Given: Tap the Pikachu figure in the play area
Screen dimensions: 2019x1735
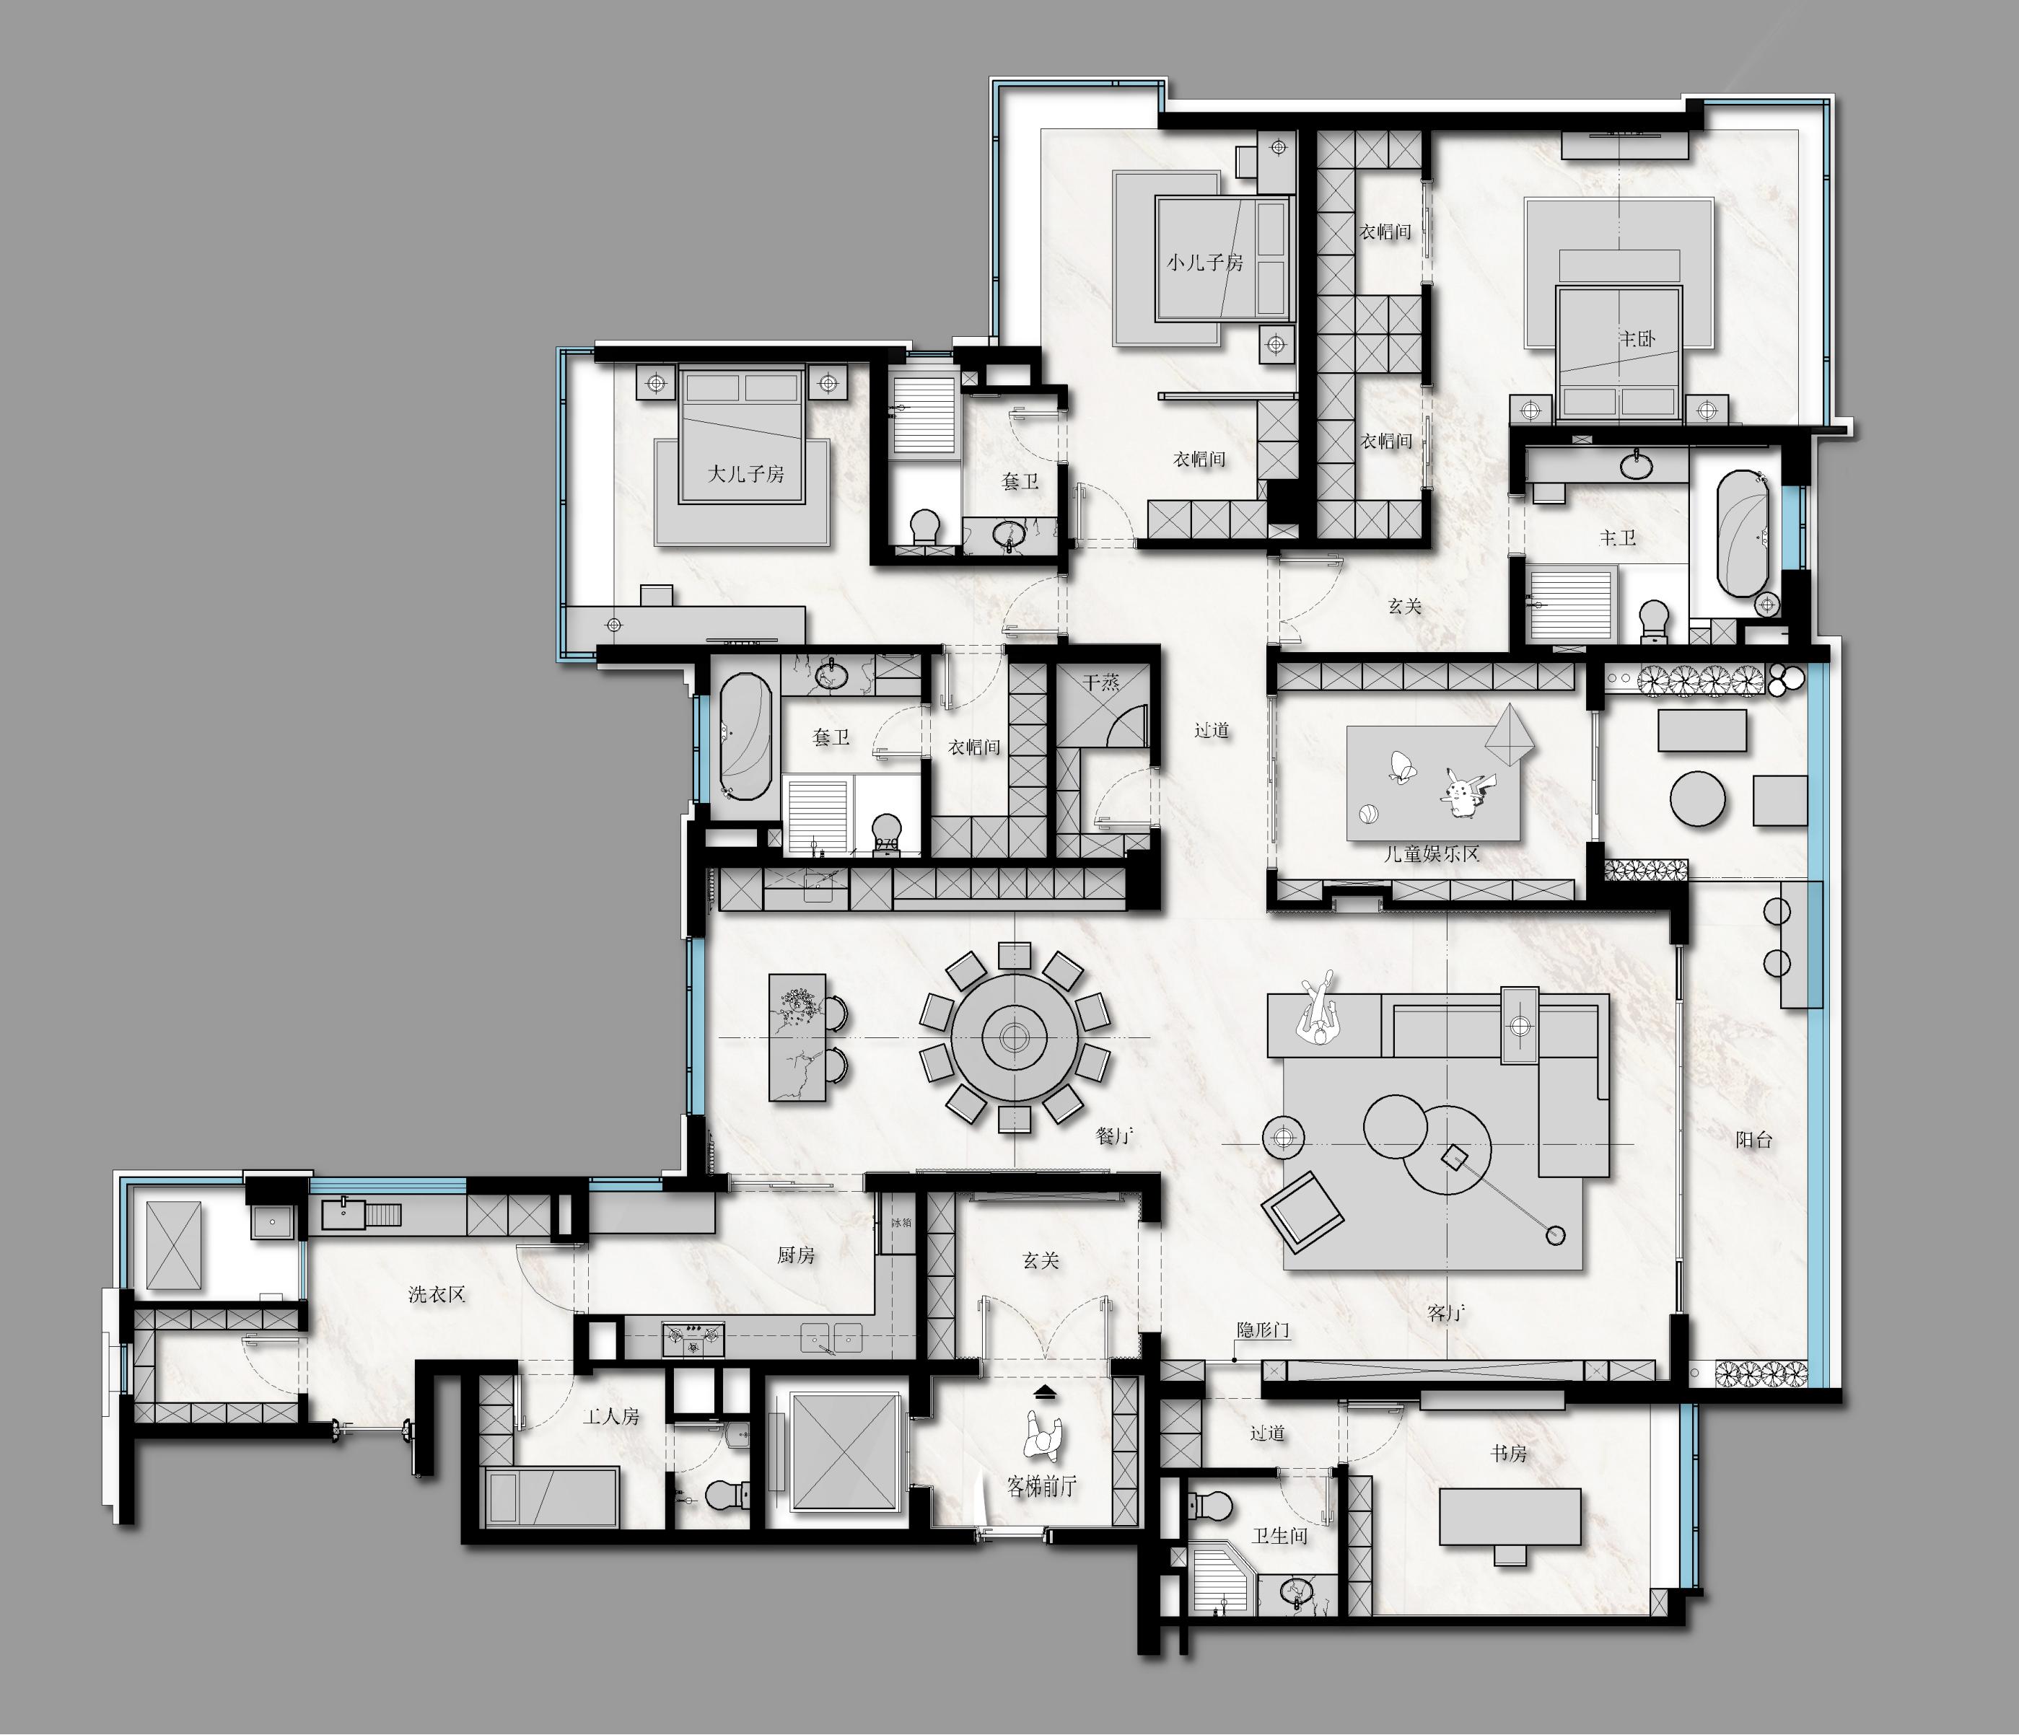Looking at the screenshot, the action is [x=1459, y=790].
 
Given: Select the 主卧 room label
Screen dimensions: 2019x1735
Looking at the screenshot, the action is [x=1637, y=339].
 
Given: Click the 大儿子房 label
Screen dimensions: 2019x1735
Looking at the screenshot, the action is [x=745, y=475].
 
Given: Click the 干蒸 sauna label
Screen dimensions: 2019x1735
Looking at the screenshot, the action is [x=1101, y=683].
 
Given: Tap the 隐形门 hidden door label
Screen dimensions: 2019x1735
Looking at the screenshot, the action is [x=1263, y=1330].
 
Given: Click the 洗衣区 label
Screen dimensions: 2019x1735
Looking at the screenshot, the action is [x=437, y=1295].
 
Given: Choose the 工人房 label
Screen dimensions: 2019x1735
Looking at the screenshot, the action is [x=611, y=1416].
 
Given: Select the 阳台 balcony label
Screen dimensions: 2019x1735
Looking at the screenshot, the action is [x=1754, y=1139].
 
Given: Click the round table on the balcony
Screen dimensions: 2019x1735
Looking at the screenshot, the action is [x=1697, y=799].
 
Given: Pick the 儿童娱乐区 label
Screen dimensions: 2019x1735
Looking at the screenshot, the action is [x=1432, y=854].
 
